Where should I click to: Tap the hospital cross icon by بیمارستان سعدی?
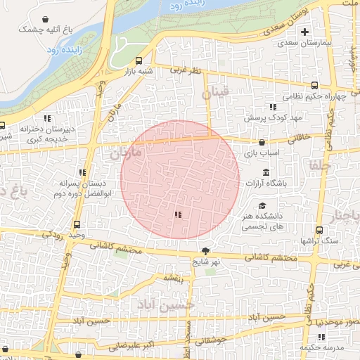304,32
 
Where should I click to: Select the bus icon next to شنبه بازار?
139,60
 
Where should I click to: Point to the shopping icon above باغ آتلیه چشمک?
46,19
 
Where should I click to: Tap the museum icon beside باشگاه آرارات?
266,172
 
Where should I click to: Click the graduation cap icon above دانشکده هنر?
262,205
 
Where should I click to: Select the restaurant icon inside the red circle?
179,214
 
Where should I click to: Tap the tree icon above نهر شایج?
205,251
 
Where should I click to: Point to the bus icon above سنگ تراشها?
320,230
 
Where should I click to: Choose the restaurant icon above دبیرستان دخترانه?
47,118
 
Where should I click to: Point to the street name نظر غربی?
190,70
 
